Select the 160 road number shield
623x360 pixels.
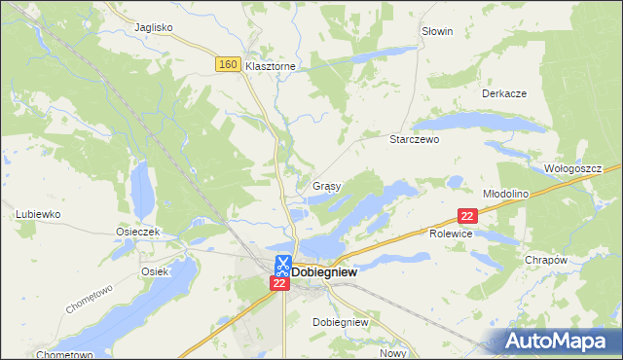pyautogui.click(x=228, y=64)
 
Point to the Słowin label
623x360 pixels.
pyautogui.click(x=437, y=31)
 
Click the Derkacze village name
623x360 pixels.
pyautogui.click(x=504, y=93)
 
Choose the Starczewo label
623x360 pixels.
pyautogui.click(x=416, y=139)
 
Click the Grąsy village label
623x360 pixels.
pyautogui.click(x=326, y=185)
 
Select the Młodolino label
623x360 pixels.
pyautogui.click(x=505, y=194)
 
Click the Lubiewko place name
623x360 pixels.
pyautogui.click(x=39, y=213)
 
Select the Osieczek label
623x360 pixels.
pyautogui.click(x=138, y=233)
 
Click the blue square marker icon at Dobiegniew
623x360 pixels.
pyautogui.click(x=281, y=264)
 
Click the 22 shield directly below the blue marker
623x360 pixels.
pyautogui.click(x=279, y=283)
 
